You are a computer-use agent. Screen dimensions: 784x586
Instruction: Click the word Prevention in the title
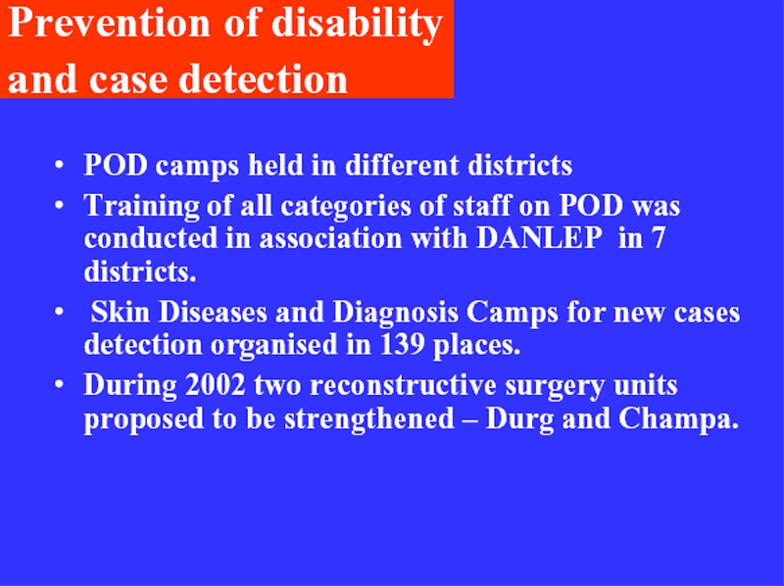click(x=109, y=23)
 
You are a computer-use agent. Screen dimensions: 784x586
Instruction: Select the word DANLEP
click(x=539, y=237)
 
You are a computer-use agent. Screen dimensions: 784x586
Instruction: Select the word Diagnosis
click(x=395, y=314)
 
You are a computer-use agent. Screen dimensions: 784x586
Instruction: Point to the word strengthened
click(x=369, y=418)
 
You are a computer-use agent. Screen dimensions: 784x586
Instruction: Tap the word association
click(x=330, y=237)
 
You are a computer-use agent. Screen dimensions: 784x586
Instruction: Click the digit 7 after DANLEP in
click(x=659, y=238)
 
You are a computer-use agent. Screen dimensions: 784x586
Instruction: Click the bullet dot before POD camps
click(x=60, y=164)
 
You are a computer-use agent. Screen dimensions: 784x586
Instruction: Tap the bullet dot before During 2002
click(x=60, y=384)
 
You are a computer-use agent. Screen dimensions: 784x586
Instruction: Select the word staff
click(x=482, y=206)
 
